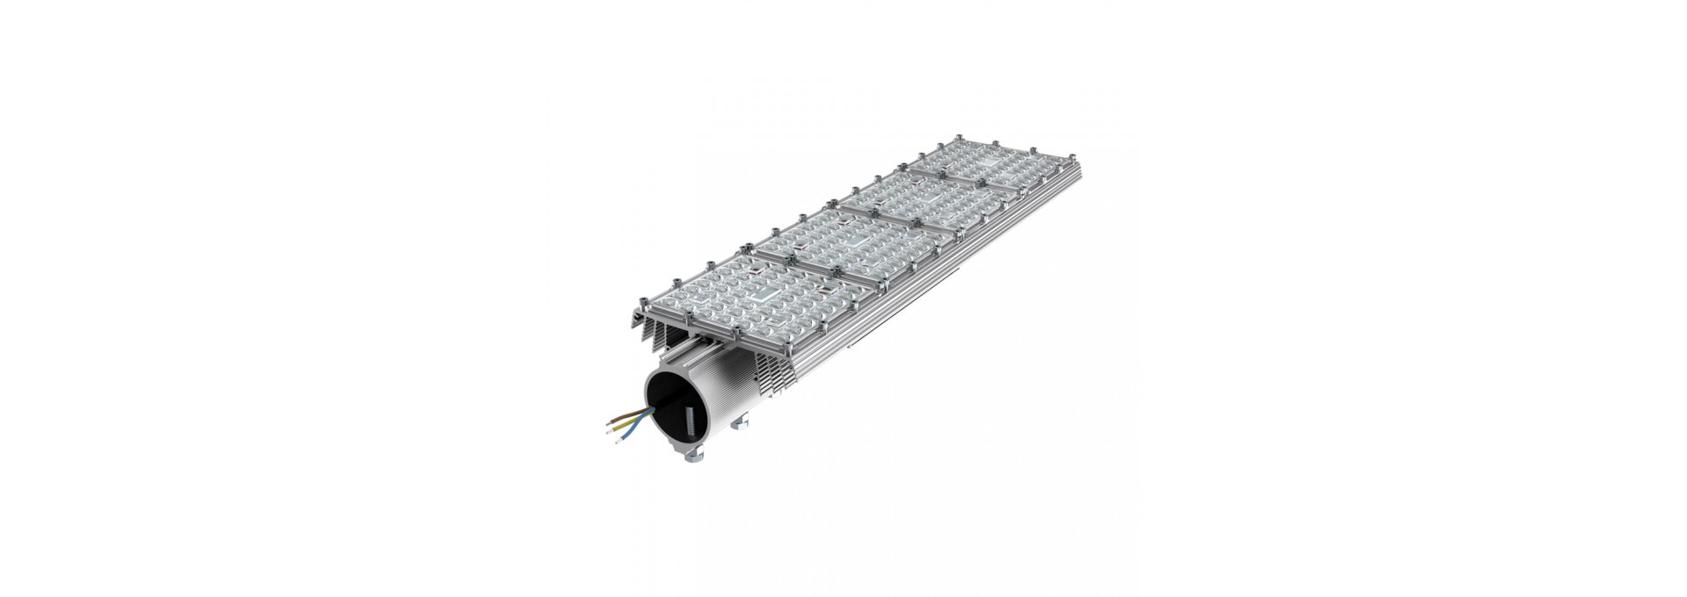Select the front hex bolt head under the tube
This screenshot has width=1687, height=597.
[694, 456]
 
